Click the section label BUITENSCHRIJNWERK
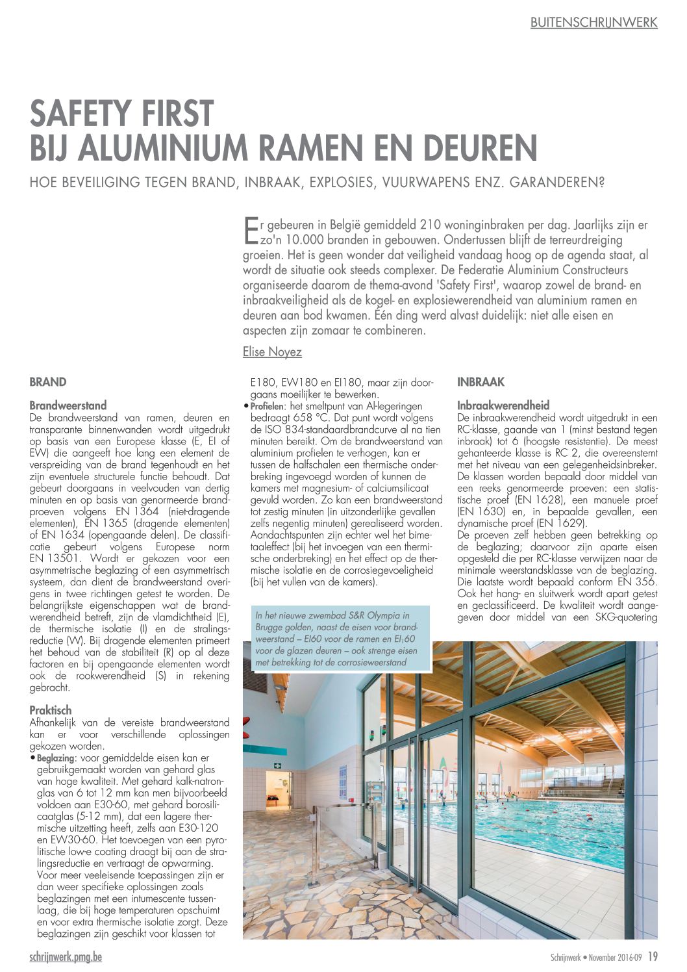[x=593, y=23]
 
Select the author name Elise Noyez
[x=272, y=352]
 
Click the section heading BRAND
[x=48, y=382]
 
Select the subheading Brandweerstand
[x=68, y=405]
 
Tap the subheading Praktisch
[x=51, y=710]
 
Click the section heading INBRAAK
[x=481, y=382]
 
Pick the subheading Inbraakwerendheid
[x=503, y=405]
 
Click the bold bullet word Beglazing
[x=55, y=758]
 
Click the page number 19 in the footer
[x=653, y=956]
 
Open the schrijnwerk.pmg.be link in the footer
[x=66, y=956]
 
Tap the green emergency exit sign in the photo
[x=277, y=765]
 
